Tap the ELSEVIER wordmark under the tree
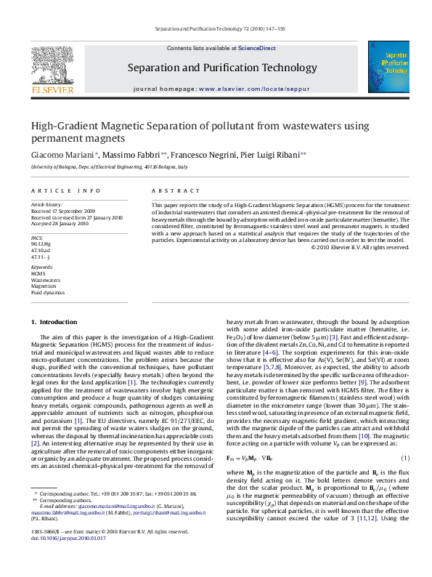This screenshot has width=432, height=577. tap(52, 92)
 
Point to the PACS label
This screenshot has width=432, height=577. tap(38, 238)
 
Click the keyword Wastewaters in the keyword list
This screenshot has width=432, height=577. tap(46, 279)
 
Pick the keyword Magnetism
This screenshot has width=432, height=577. tap(44, 286)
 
